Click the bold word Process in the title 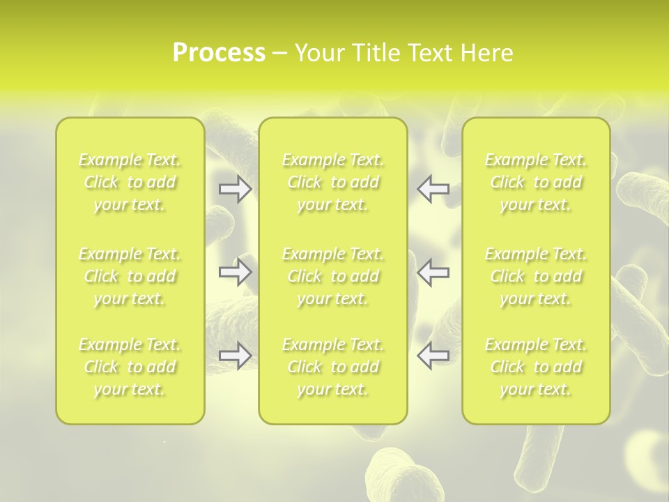click(x=219, y=53)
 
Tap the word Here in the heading click(x=486, y=53)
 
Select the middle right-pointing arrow click(x=236, y=272)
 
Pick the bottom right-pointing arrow click(x=236, y=356)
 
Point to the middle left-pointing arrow click(x=433, y=272)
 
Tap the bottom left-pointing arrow click(x=433, y=356)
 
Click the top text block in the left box click(x=130, y=183)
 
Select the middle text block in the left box click(x=130, y=276)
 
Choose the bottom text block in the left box click(x=130, y=367)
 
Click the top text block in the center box click(x=333, y=183)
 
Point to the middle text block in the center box click(x=333, y=276)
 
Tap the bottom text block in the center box click(x=333, y=367)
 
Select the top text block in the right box click(x=536, y=183)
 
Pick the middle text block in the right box click(x=536, y=276)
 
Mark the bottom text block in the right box click(x=536, y=367)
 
